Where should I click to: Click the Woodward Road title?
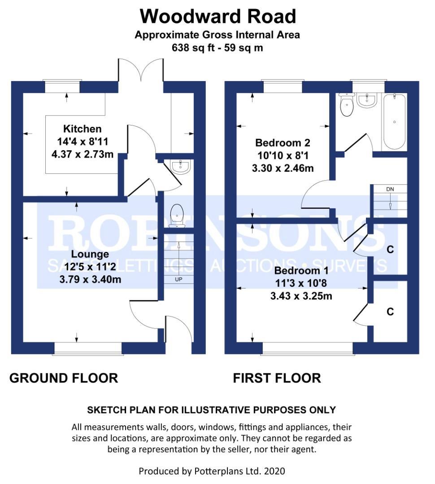218,17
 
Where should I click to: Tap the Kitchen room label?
82,129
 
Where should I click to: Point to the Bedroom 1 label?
301,271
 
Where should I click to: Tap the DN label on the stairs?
390,189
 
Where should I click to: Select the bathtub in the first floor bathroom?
394,121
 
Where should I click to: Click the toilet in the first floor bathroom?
347,105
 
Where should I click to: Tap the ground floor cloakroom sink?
182,167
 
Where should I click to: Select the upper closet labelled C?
390,249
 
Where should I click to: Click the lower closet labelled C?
390,311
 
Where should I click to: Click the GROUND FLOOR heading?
64,378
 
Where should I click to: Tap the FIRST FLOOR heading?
277,378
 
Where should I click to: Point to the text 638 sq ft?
193,47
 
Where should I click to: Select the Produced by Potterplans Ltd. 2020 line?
212,471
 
